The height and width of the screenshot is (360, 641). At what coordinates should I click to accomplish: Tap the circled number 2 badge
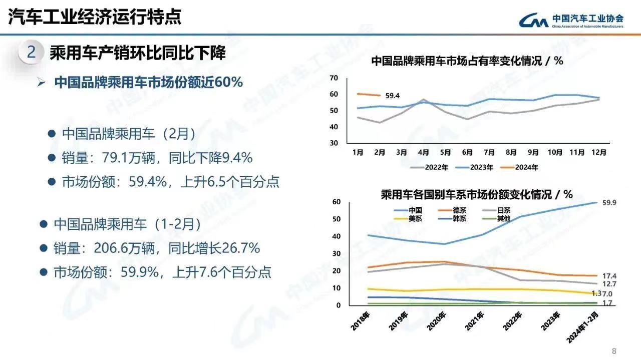pyautogui.click(x=31, y=53)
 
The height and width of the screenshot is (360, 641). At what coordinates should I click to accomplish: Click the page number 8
pyautogui.click(x=614, y=350)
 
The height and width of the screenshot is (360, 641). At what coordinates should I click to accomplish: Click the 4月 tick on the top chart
pyautogui.click(x=423, y=152)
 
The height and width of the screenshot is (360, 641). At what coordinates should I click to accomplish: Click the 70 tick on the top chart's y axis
pyautogui.click(x=334, y=78)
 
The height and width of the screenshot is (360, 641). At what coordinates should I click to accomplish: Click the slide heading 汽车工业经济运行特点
pyautogui.click(x=95, y=17)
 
